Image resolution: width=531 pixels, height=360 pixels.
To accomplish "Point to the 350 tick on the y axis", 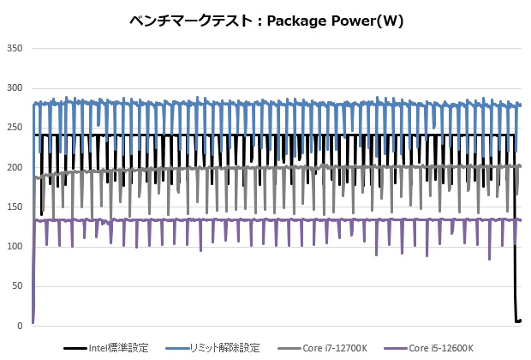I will pyautogui.click(x=13, y=49).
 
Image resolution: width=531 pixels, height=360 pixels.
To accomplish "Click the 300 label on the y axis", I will pyautogui.click(x=13, y=88).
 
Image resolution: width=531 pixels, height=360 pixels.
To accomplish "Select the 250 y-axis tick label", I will pyautogui.click(x=13, y=128).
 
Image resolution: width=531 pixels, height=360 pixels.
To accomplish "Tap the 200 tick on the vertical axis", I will pyautogui.click(x=13, y=167).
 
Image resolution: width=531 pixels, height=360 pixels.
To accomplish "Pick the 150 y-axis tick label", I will pyautogui.click(x=13, y=207).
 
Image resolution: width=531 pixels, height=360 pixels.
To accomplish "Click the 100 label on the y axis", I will pyautogui.click(x=13, y=247).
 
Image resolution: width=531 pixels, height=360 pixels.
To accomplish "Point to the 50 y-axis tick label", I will pyautogui.click(x=15, y=286).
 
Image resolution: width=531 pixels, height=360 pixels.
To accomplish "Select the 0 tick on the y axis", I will pyautogui.click(x=18, y=326).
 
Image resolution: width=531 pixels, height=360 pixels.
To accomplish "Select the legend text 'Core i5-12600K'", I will pyautogui.click(x=442, y=348).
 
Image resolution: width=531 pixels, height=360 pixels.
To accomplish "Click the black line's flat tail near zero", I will pyautogui.click(x=518, y=321).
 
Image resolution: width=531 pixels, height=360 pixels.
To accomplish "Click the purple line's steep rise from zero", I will pyautogui.click(x=33, y=274).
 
